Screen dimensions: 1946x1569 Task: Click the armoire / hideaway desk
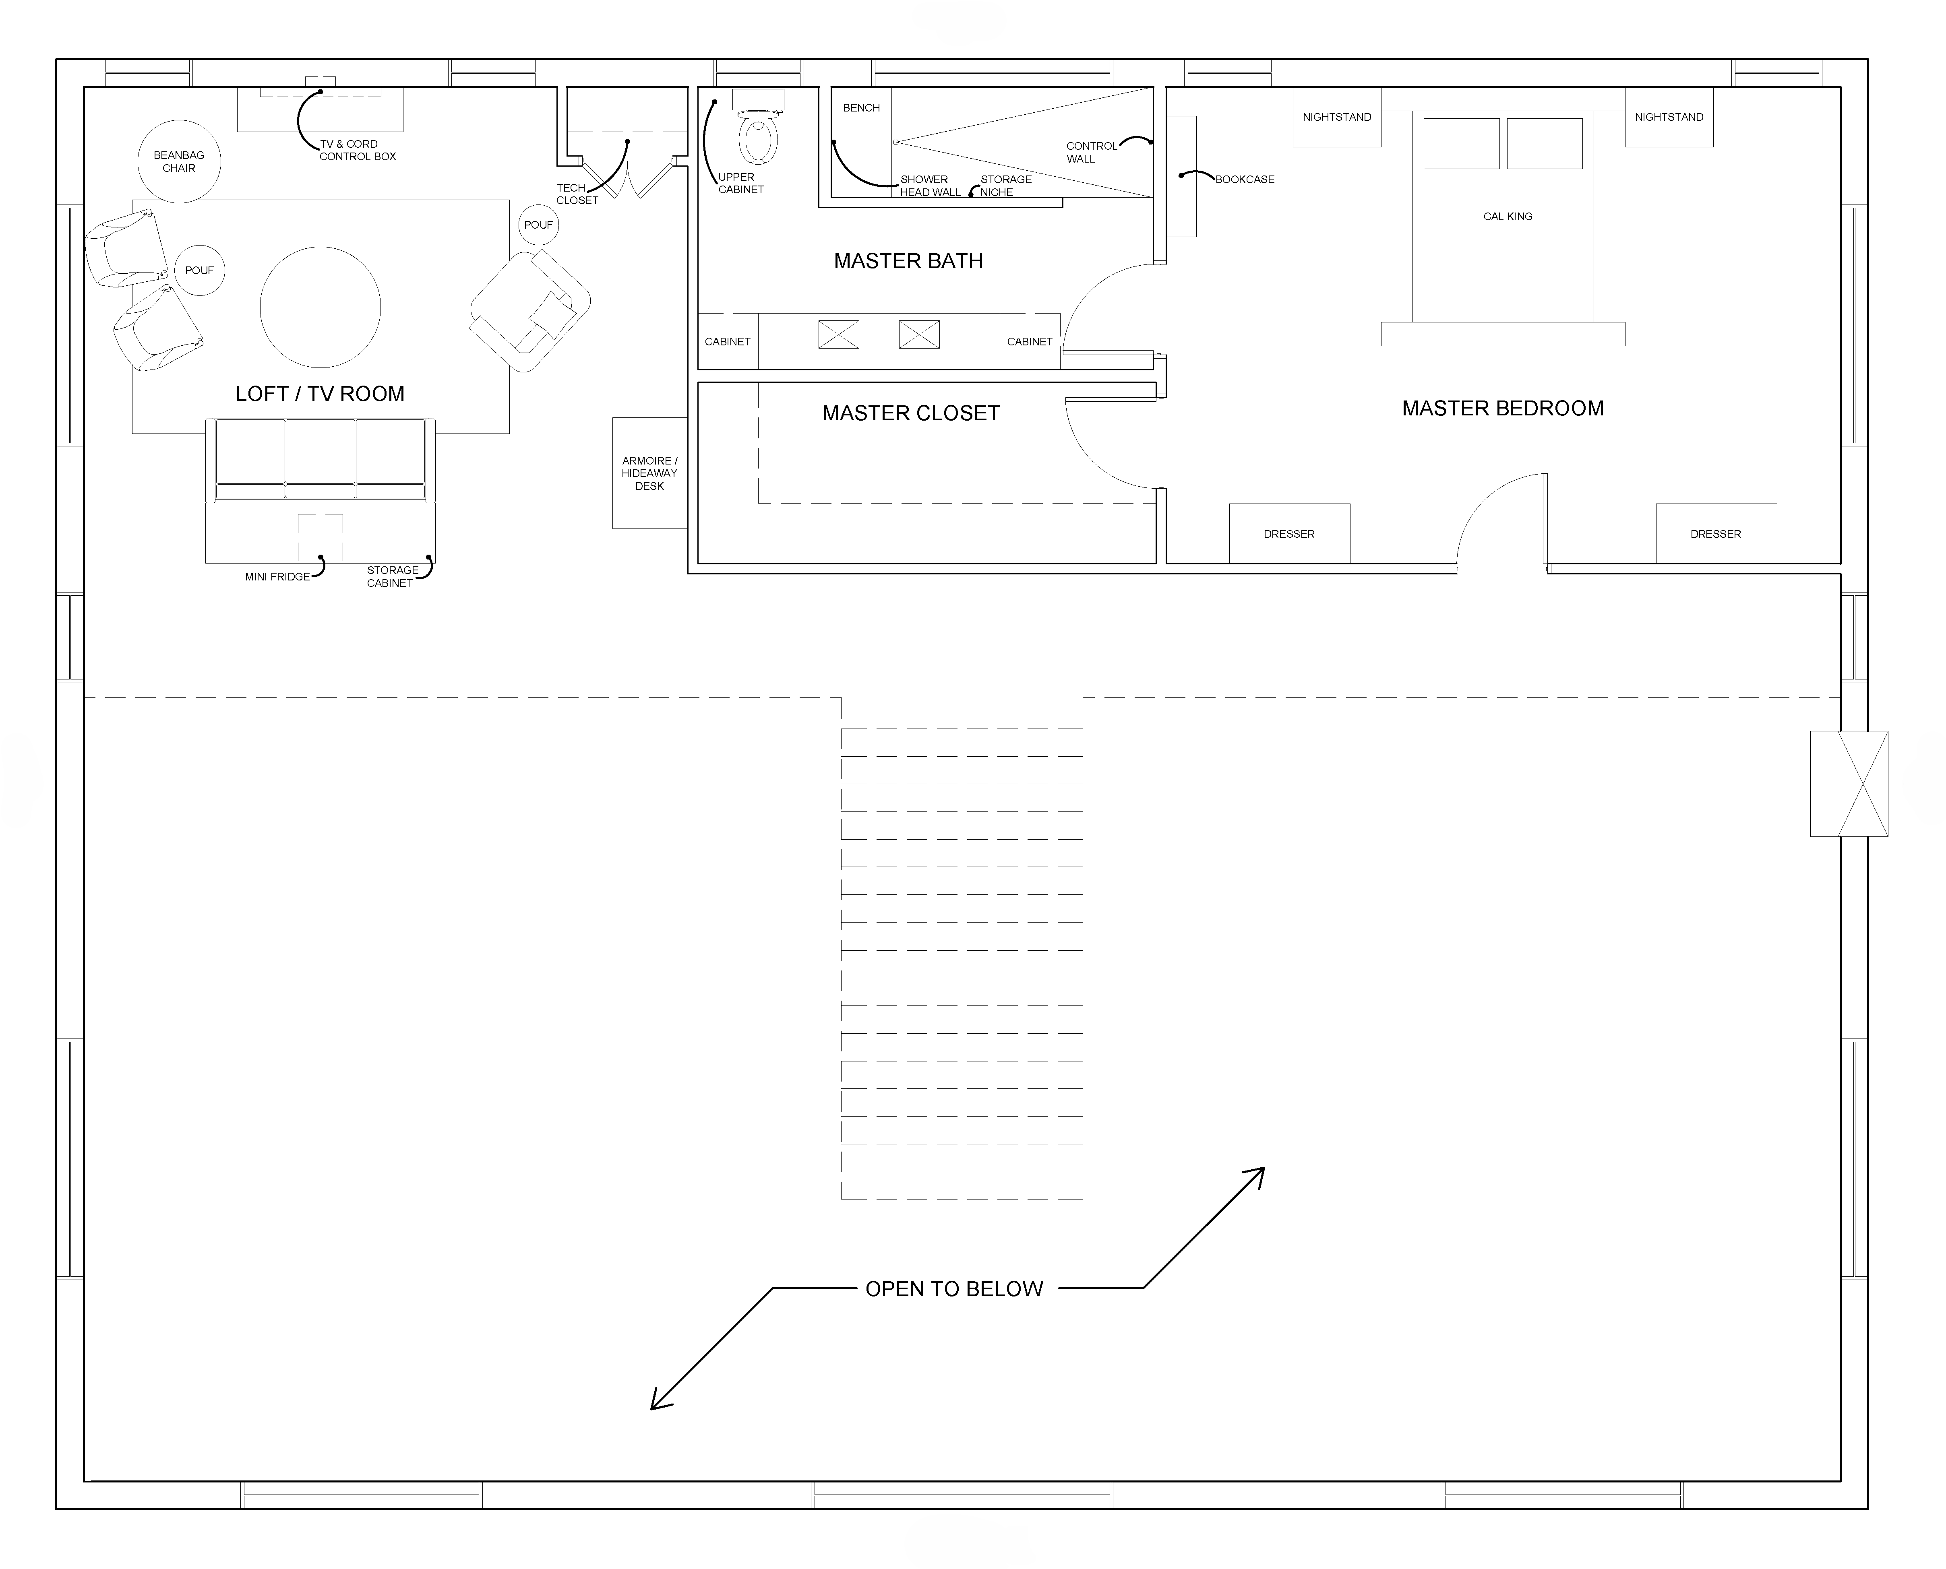coord(650,473)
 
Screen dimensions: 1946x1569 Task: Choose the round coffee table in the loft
coord(320,307)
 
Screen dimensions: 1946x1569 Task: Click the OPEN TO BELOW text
coord(954,1289)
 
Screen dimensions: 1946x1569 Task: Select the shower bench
coord(861,143)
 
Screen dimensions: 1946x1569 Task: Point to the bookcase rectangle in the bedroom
coord(1181,176)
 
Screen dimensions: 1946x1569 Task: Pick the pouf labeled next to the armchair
coord(539,225)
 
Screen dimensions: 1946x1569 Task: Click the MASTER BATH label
coord(908,261)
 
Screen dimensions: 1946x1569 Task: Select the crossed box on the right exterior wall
coord(1849,784)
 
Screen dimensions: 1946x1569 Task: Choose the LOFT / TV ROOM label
coord(320,394)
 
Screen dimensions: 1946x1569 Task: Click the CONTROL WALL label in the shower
coord(1091,152)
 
